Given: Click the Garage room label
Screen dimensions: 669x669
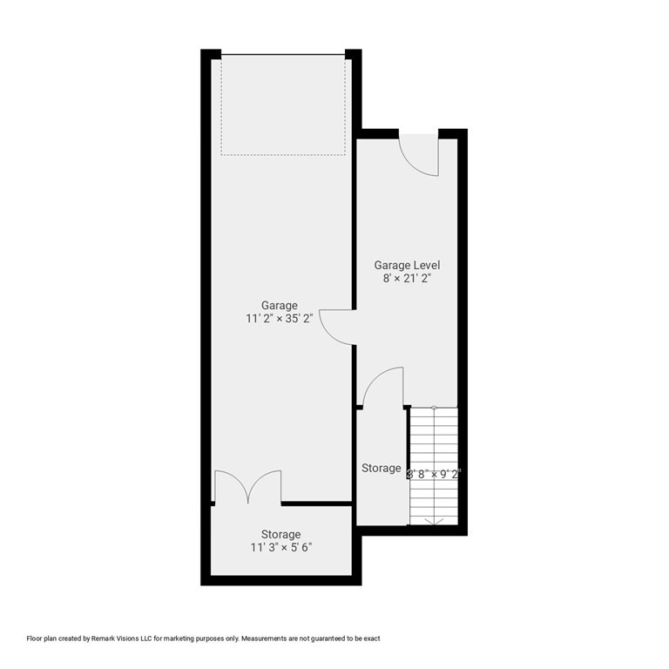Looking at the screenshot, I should pyautogui.click(x=279, y=306).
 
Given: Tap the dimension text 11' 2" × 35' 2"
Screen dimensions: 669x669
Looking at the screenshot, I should pyautogui.click(x=279, y=319).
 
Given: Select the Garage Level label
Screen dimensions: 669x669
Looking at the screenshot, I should pyautogui.click(x=407, y=265).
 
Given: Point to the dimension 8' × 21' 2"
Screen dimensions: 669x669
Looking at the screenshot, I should pyautogui.click(x=407, y=279).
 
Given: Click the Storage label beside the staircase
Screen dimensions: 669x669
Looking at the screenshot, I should pyautogui.click(x=381, y=469).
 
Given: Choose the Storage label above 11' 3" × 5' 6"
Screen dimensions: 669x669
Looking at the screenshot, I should pyautogui.click(x=280, y=535).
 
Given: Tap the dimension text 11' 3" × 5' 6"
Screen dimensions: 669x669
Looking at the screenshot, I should pyautogui.click(x=280, y=548).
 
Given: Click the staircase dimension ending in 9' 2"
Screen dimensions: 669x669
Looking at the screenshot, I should pyautogui.click(x=435, y=475).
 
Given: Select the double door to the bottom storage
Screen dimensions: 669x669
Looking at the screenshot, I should pyautogui.click(x=248, y=487).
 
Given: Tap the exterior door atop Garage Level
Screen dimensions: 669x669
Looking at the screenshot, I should pyautogui.click(x=419, y=155).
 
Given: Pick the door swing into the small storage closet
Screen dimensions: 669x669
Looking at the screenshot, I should pyautogui.click(x=383, y=388).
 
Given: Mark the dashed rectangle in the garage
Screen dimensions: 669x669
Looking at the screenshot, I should pyautogui.click(x=283, y=105).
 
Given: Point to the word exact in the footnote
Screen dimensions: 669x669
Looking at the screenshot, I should pyautogui.click(x=370, y=639).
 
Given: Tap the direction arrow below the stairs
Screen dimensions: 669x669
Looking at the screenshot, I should pyautogui.click(x=434, y=521).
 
